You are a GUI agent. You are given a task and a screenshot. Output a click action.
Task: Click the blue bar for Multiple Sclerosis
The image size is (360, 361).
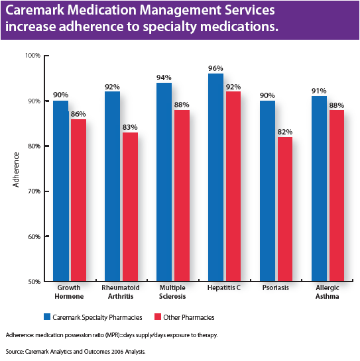click(164, 182)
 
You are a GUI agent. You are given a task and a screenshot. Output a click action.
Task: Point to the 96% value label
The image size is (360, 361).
click(215, 68)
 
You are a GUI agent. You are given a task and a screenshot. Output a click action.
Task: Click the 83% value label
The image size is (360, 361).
click(130, 127)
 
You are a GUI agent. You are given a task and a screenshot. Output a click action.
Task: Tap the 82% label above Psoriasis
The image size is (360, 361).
click(285, 131)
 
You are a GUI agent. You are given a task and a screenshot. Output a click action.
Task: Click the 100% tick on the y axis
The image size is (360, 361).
click(32, 56)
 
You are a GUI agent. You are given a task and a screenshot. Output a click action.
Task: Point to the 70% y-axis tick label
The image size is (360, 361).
click(33, 191)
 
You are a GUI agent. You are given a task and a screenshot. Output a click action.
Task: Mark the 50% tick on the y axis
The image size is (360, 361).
click(33, 282)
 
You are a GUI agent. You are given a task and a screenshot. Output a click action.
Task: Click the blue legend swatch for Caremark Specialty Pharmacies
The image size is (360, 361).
click(48, 317)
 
